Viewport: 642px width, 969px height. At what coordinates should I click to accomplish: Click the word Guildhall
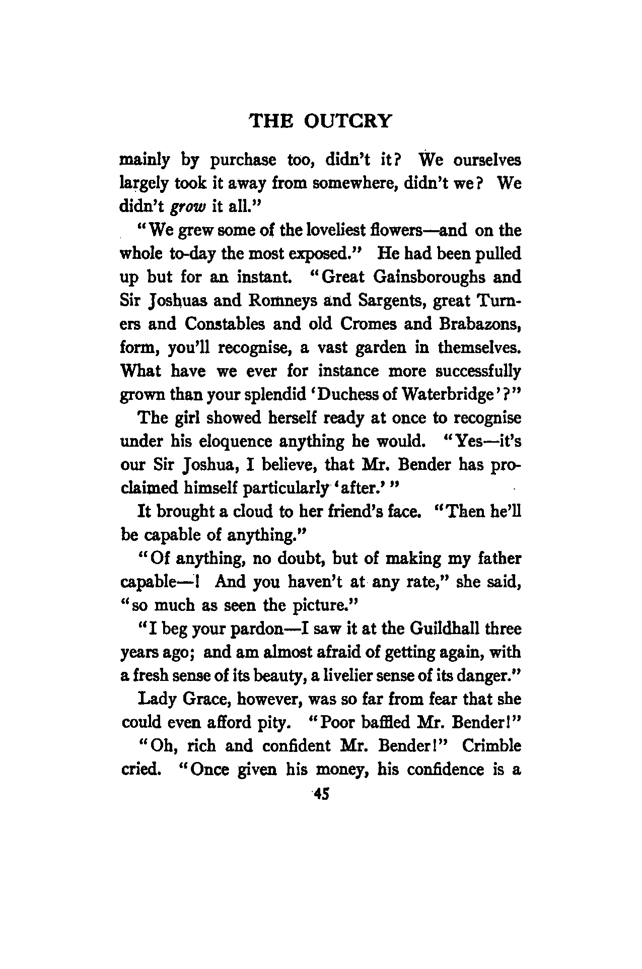tap(447, 629)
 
